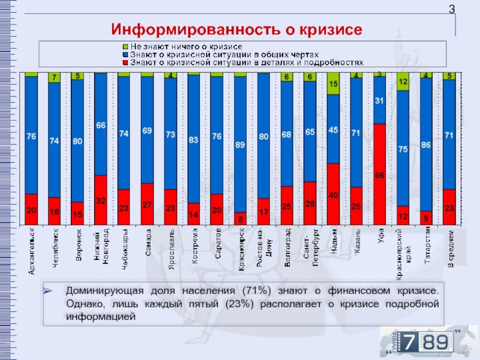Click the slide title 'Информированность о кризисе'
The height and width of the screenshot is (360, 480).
click(x=237, y=28)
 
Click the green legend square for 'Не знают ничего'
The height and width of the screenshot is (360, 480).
click(x=125, y=46)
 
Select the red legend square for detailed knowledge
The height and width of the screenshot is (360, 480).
click(x=125, y=62)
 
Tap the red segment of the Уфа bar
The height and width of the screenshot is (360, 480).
click(x=379, y=174)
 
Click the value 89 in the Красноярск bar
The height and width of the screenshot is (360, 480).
click(x=240, y=145)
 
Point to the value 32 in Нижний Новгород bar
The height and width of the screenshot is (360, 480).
click(x=101, y=201)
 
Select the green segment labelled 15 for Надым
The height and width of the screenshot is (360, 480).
click(x=333, y=85)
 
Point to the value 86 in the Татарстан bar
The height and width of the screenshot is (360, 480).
click(x=426, y=145)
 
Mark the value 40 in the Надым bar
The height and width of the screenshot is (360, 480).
click(x=333, y=195)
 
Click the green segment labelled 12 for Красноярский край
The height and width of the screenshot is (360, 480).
click(x=403, y=82)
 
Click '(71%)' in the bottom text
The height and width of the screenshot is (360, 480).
click(x=256, y=291)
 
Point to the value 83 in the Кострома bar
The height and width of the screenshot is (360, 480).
click(x=194, y=140)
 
